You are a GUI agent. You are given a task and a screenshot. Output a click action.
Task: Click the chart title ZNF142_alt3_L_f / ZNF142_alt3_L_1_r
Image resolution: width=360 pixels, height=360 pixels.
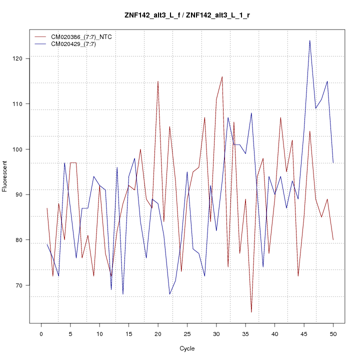187,15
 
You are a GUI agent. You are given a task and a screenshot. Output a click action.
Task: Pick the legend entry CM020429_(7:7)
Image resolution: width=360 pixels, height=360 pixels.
77,44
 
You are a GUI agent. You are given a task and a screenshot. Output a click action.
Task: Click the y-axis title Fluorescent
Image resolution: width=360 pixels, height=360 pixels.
5,176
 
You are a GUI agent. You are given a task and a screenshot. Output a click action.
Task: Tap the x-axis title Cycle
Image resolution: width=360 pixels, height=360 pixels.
187,348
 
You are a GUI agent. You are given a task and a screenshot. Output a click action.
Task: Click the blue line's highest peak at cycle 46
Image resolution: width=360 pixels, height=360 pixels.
310,40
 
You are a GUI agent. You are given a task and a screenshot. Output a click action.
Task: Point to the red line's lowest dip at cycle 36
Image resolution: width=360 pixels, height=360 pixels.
251,312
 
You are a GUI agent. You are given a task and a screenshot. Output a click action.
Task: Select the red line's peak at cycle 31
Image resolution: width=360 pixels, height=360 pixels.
222,76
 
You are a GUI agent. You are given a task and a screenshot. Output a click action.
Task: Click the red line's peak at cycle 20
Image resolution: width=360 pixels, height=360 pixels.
158,81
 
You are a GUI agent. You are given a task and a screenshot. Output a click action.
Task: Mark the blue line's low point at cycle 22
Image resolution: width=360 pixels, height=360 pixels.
169,294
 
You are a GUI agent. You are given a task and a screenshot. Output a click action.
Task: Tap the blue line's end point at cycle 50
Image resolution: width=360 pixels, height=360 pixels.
333,162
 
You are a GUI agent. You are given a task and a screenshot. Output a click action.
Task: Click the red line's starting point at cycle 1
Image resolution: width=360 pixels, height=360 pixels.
47,208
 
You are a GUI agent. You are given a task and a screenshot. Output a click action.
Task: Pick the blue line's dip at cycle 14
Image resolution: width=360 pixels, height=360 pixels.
123,294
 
